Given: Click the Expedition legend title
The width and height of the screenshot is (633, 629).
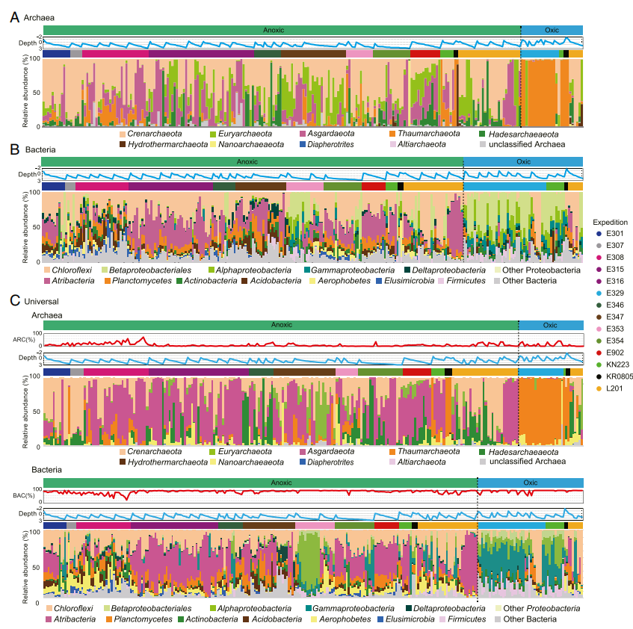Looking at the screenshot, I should coord(609,223).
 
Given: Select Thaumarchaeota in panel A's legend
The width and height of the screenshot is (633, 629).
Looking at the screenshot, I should coord(428,134).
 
